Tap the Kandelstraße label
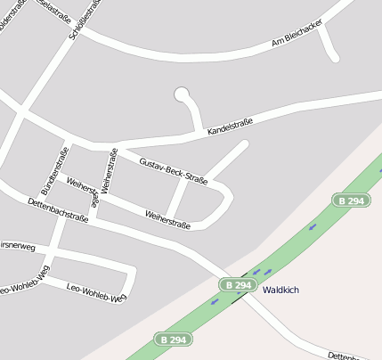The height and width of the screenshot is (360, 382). coord(230,127)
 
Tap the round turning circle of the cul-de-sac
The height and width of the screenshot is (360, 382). coord(183,94)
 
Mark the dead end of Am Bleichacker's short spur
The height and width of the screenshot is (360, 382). coord(334,58)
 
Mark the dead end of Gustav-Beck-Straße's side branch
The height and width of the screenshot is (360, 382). coord(244,143)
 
